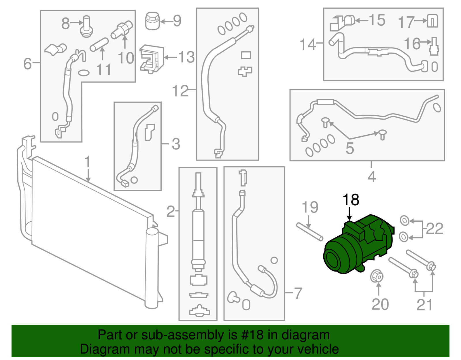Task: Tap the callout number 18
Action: click(x=351, y=200)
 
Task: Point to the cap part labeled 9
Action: click(x=152, y=21)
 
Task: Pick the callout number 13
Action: click(x=186, y=57)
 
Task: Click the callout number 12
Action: click(x=180, y=91)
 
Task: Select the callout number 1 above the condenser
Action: click(x=88, y=162)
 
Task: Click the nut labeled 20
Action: click(x=377, y=277)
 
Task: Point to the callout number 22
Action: click(x=434, y=229)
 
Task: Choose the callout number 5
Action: click(x=350, y=148)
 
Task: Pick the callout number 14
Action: click(x=308, y=44)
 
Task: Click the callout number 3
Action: click(x=176, y=144)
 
